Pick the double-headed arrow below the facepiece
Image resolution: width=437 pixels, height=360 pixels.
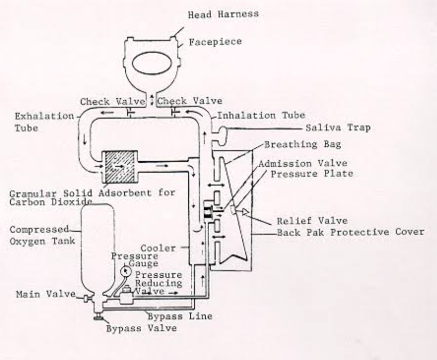click(x=152, y=101)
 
